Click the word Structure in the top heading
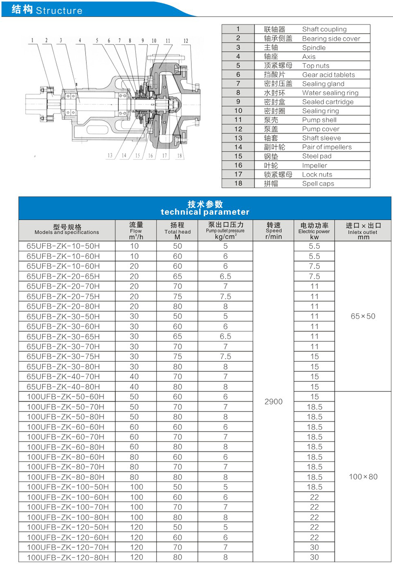point(59,10)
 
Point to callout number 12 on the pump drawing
point(186,41)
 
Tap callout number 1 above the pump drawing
point(33,41)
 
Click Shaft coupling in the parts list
point(324,29)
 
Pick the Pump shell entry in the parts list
point(319,120)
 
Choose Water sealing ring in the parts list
point(330,93)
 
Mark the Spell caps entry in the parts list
point(318,183)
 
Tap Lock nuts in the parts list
point(317,174)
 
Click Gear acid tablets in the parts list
point(328,75)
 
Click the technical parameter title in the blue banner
point(205,212)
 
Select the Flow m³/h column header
point(136,230)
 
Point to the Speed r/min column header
point(274,230)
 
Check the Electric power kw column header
point(314,230)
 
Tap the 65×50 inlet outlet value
point(363,316)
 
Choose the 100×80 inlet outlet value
point(363,477)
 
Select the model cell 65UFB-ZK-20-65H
point(63,276)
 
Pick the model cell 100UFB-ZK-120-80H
point(68,557)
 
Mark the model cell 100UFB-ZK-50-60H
point(65,397)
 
